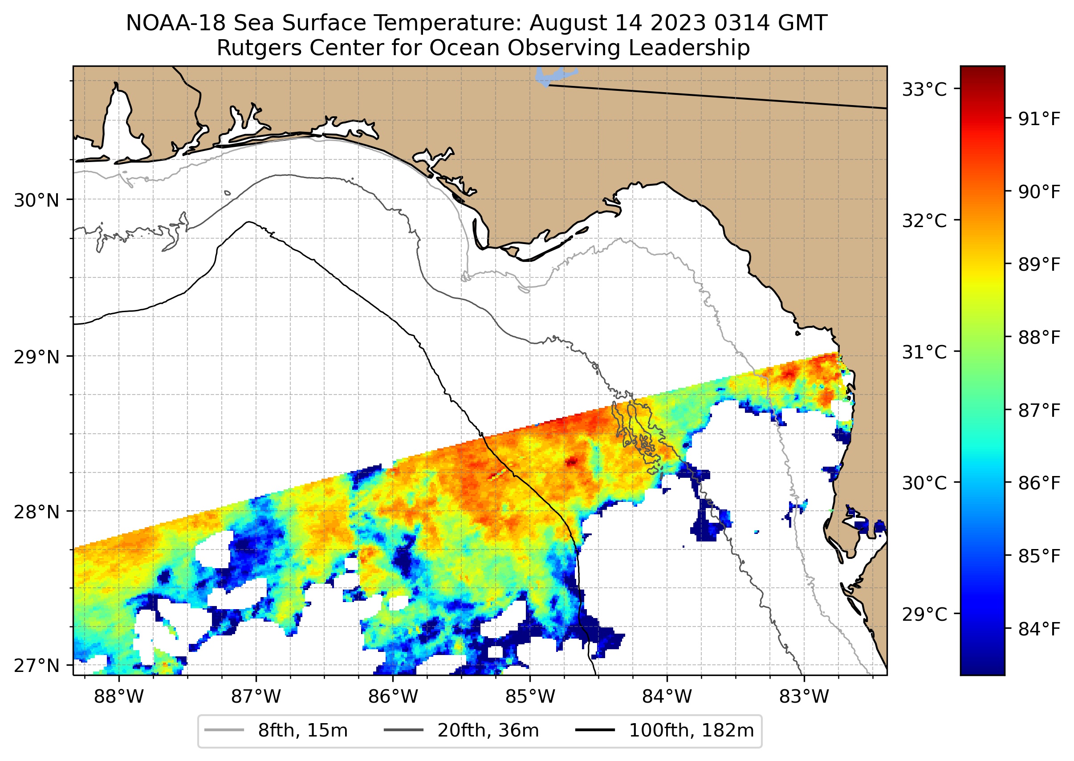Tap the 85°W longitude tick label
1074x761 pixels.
click(530, 697)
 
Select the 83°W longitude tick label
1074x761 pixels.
click(804, 697)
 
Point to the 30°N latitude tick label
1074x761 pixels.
click(37, 200)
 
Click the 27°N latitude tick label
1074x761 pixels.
click(37, 665)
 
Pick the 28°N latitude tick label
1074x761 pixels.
click(37, 512)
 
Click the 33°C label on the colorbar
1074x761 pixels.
click(924, 89)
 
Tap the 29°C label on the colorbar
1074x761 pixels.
click(924, 614)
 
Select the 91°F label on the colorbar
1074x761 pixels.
click(1039, 119)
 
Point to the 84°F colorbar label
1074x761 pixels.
click(1039, 629)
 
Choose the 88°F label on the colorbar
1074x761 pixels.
click(1039, 338)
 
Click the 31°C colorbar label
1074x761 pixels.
click(924, 352)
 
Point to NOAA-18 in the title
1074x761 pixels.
click(176, 23)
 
